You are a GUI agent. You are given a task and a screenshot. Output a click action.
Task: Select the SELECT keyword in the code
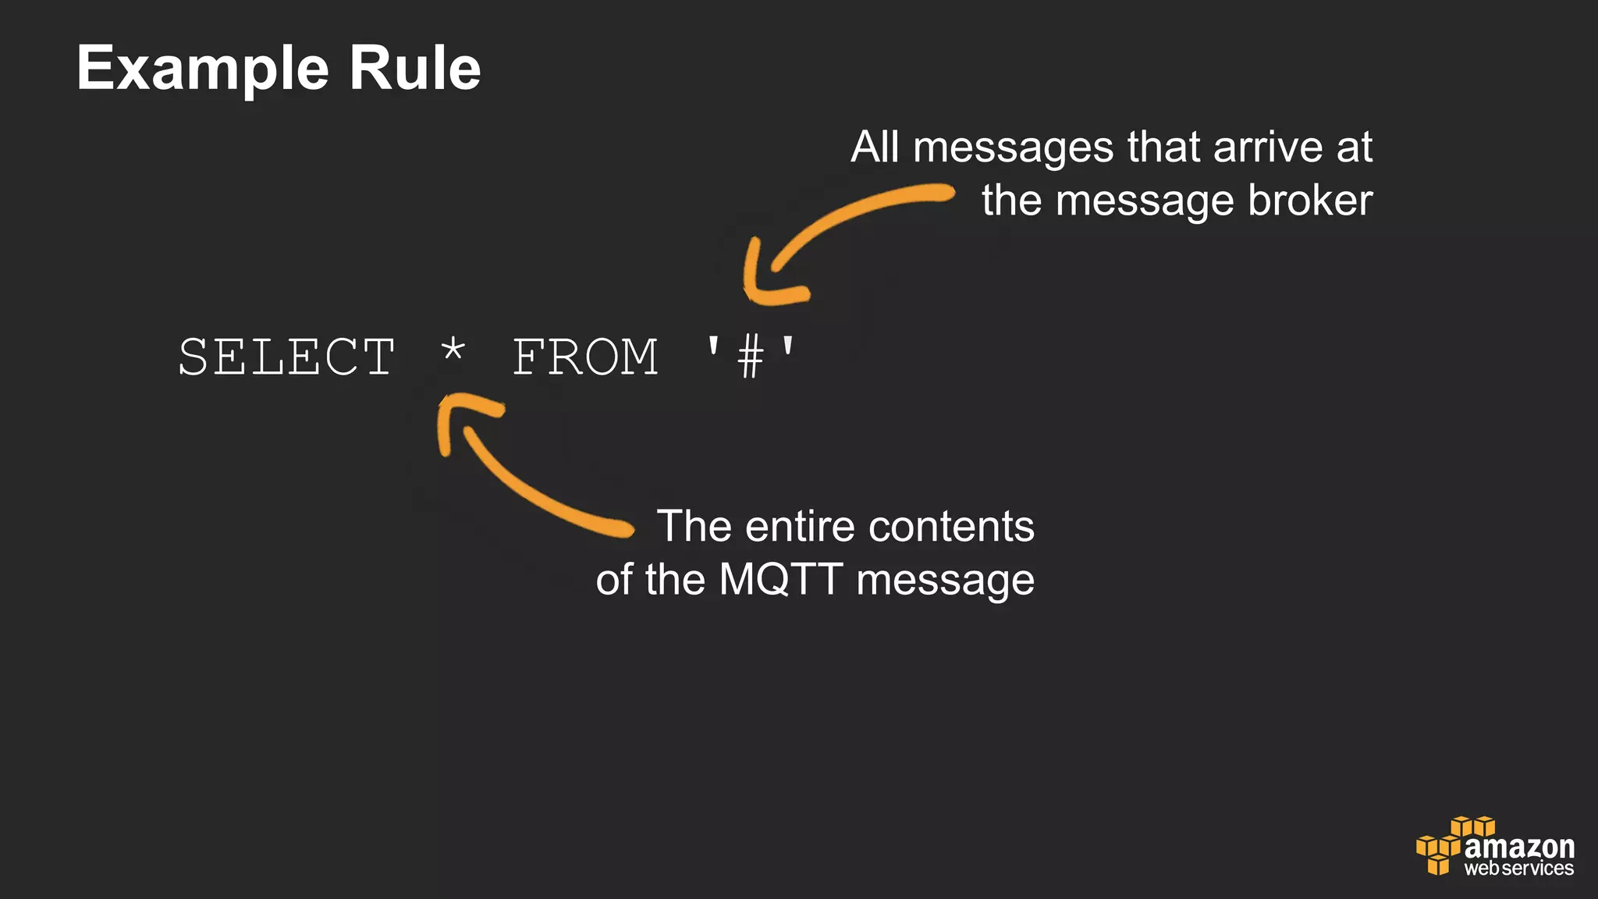[x=286, y=357]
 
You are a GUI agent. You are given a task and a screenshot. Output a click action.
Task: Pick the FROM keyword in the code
[x=585, y=357]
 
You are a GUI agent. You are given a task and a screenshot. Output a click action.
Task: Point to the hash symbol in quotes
[x=750, y=357]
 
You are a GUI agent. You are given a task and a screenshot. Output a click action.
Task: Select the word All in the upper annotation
[x=875, y=147]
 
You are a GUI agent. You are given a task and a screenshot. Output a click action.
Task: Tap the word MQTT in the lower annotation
[x=780, y=580]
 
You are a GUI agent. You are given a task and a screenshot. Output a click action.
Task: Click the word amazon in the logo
[x=1519, y=846]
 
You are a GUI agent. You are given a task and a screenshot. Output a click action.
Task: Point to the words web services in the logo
[x=1518, y=869]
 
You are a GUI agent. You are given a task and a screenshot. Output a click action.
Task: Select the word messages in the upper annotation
[x=1013, y=147]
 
